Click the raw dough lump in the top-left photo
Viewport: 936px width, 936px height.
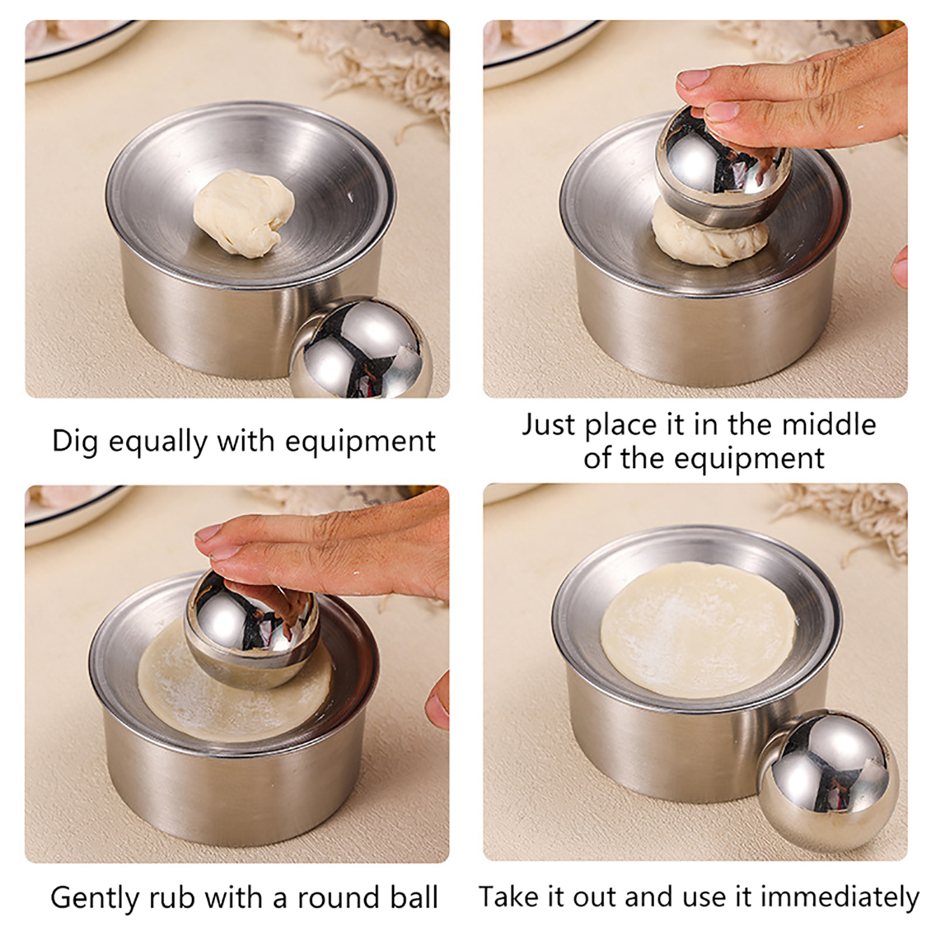point(244,212)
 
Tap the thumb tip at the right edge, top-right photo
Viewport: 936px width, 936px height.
point(900,266)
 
